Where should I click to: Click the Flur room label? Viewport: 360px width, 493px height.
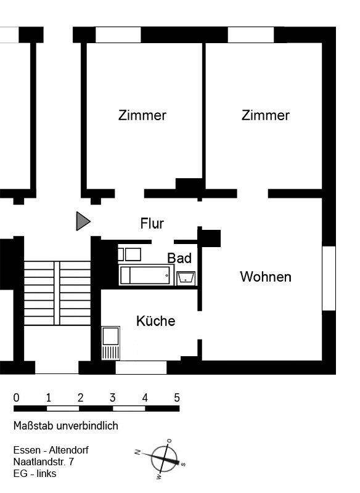point(152,223)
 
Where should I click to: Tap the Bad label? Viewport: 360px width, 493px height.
point(179,258)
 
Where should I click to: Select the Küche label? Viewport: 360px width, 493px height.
point(155,321)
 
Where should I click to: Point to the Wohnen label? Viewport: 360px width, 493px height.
point(265,277)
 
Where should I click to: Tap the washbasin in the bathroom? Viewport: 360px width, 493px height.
point(186,278)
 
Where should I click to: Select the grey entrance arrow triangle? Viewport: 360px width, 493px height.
point(83,221)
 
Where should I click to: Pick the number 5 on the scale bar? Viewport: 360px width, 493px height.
point(177,397)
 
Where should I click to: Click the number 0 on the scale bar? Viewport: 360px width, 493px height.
point(17,397)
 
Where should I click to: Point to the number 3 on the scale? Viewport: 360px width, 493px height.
point(112,397)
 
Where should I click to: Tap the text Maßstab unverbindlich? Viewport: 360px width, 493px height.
point(65,426)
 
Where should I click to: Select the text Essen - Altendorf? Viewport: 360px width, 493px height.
point(51,450)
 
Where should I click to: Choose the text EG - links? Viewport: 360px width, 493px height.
point(35,473)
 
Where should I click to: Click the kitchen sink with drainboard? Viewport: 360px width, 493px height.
point(111,343)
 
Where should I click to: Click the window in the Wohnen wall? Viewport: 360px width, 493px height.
point(329,278)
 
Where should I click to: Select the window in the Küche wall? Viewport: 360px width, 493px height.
point(141,368)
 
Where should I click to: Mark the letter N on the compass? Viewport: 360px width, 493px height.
point(137,453)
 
